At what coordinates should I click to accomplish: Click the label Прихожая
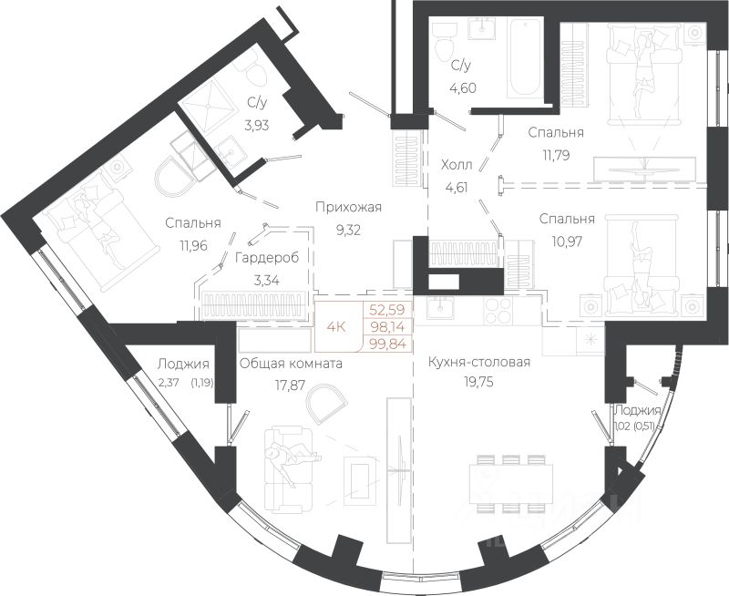pos(348,208)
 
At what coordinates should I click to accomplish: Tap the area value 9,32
pos(348,231)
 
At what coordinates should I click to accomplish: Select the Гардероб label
pos(267,258)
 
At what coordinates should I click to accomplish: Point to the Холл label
pos(457,165)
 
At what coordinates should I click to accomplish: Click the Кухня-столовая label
pos(479,362)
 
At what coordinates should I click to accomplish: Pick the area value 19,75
pos(477,382)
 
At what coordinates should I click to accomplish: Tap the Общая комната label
pos(291,364)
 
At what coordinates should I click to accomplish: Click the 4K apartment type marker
pos(335,327)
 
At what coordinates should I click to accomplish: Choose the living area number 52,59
pos(387,310)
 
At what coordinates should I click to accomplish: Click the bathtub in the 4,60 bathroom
pos(523,58)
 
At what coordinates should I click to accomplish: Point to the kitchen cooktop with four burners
pos(498,311)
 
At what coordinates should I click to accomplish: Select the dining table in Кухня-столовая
pos(511,485)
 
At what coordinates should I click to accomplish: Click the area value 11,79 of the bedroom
pos(555,154)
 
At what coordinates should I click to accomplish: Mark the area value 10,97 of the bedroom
pos(567,241)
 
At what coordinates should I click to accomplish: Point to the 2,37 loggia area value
pos(168,384)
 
